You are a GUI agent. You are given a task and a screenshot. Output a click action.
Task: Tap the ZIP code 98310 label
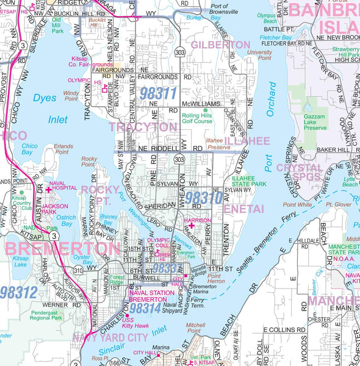click(x=204, y=198)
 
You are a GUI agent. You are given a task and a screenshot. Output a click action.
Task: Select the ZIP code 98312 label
click(x=18, y=292)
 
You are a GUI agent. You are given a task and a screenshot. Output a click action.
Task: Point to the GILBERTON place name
click(x=220, y=45)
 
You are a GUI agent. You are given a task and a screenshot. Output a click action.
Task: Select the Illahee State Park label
click(x=249, y=180)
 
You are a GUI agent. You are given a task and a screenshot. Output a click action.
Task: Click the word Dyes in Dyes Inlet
click(x=44, y=98)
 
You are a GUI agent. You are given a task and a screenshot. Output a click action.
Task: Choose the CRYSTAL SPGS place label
click(x=299, y=172)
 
